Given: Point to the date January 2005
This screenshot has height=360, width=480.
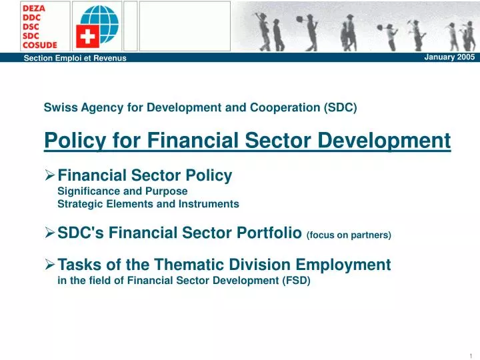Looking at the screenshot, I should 449,57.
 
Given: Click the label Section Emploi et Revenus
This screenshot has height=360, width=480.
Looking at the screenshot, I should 75,59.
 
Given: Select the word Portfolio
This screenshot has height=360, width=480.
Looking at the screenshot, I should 273,233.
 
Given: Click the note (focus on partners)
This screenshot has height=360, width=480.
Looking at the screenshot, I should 349,235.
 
